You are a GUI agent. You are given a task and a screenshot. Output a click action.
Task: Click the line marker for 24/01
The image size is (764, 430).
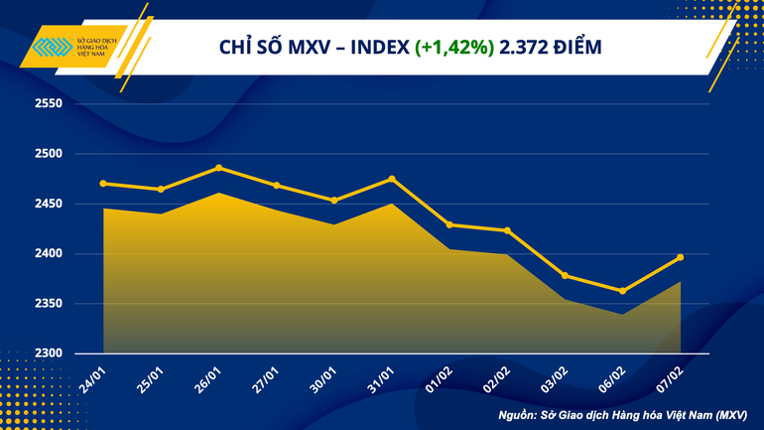pyautogui.click(x=103, y=183)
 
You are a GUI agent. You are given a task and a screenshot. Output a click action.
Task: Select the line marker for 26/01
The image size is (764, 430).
pyautogui.click(x=218, y=168)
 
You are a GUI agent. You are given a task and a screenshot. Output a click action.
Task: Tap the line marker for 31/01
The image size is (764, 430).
pyautogui.click(x=392, y=179)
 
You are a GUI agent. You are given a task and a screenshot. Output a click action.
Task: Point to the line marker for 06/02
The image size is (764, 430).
pyautogui.click(x=622, y=291)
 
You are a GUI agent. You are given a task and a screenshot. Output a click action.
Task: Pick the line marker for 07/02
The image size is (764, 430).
pyautogui.click(x=680, y=257)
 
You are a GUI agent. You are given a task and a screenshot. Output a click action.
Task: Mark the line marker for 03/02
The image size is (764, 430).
pyautogui.click(x=565, y=275)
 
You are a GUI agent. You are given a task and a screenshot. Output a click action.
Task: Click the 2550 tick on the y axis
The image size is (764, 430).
pyautogui.click(x=48, y=104)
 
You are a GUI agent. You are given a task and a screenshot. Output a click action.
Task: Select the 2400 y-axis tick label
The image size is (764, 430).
pyautogui.click(x=48, y=254)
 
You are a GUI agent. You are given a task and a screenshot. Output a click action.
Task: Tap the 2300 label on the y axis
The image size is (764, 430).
pyautogui.click(x=48, y=354)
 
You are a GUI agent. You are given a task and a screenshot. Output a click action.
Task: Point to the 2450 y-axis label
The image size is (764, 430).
pyautogui.click(x=48, y=205)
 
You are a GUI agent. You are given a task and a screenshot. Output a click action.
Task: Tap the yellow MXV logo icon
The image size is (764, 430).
pyautogui.click(x=53, y=48)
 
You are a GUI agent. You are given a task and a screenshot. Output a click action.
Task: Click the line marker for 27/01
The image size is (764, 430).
pyautogui.click(x=276, y=186)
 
